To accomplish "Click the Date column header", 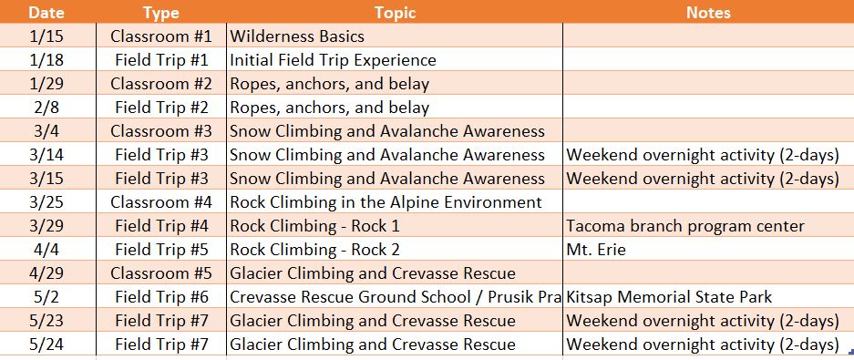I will click(x=47, y=13).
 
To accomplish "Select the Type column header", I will click(x=161, y=13).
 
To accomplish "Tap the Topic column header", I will click(x=394, y=13).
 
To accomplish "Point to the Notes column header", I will click(x=707, y=13).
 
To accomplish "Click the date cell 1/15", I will click(x=47, y=36).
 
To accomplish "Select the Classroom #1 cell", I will click(x=161, y=36).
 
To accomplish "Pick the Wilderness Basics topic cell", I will click(x=297, y=36).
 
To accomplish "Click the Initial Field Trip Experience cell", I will click(x=333, y=60).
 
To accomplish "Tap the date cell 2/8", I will click(x=47, y=108).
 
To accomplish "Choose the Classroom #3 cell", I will click(x=161, y=131).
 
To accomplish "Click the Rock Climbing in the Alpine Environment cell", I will click(x=386, y=202).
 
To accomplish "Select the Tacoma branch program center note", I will click(x=684, y=226).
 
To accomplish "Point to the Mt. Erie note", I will click(x=596, y=250).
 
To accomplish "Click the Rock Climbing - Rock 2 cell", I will click(x=314, y=250).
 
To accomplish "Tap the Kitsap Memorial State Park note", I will click(x=669, y=297).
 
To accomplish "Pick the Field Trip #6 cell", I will click(x=161, y=297).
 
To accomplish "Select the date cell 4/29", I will click(x=47, y=273).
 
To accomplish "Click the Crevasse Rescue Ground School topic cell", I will click(x=394, y=297).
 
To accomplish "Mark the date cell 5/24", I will click(x=47, y=345).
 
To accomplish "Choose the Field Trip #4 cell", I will click(x=161, y=226).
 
